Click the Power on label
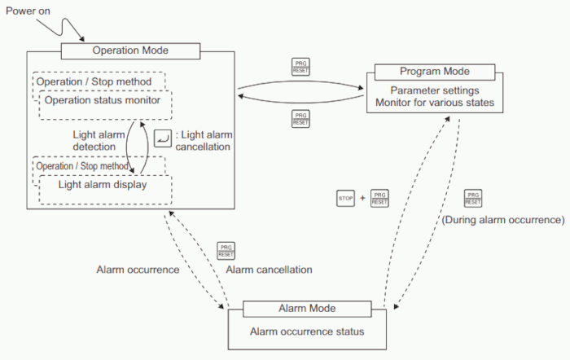tap(28, 12)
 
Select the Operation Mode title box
tap(130, 50)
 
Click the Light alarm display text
tap(103, 185)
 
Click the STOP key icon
tap(345, 198)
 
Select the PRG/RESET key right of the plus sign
tap(379, 198)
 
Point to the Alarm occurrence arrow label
tap(138, 270)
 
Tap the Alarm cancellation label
tap(269, 270)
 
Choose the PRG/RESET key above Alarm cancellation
tap(226, 250)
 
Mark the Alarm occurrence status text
tap(302, 331)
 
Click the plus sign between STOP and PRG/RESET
tap(362, 198)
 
